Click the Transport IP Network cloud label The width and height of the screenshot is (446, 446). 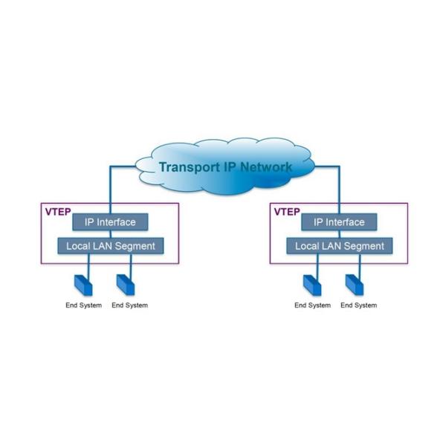point(225,167)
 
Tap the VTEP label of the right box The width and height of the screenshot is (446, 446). point(287,212)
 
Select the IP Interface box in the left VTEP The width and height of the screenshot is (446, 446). point(109,222)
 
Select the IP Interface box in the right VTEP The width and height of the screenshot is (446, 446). point(339,222)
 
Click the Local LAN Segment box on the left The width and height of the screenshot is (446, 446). point(110,245)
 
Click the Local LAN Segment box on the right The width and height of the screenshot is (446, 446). point(340,245)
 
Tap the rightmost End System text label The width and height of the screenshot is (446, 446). point(359,306)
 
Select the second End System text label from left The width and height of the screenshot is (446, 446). point(129,306)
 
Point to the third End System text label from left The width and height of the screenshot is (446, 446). point(313,306)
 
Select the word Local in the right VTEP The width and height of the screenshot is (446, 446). point(307,245)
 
